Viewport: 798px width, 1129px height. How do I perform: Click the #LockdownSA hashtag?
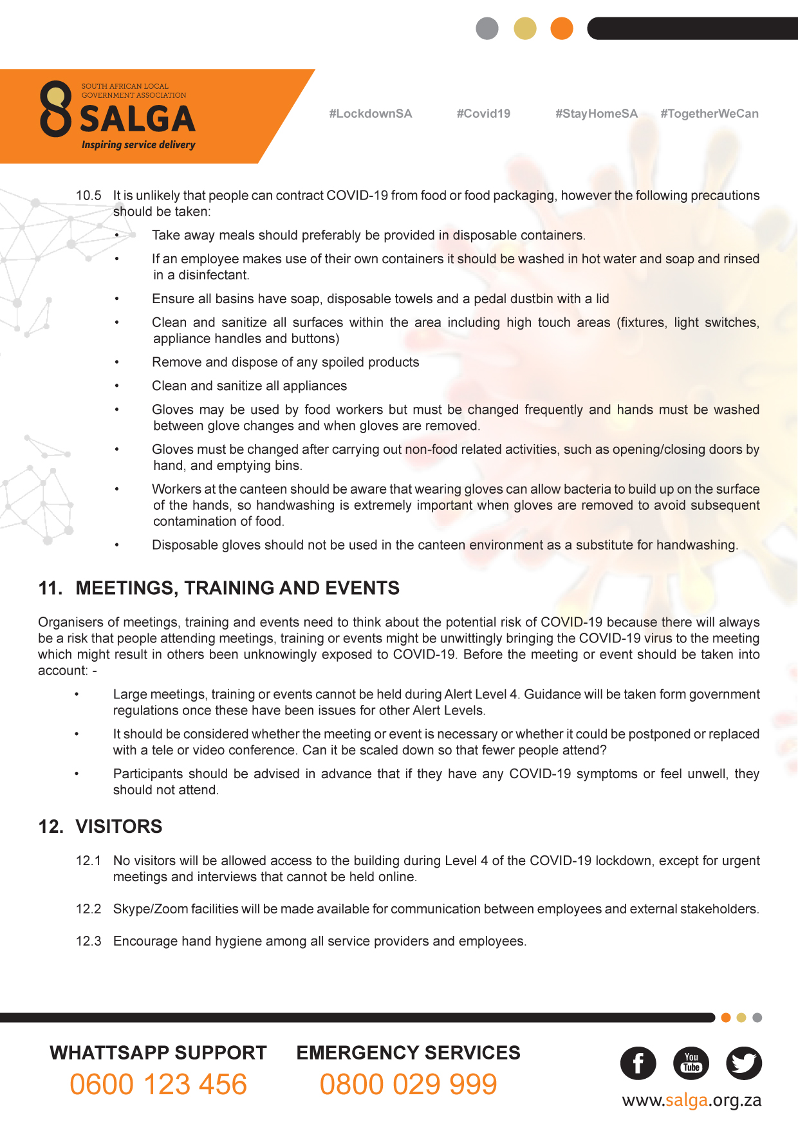[370, 114]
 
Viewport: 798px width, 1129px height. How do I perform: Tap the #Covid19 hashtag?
[483, 114]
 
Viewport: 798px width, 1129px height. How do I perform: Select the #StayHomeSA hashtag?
[596, 114]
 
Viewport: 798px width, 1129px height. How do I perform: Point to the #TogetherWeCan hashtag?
[709, 114]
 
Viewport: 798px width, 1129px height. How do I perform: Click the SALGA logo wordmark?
[137, 119]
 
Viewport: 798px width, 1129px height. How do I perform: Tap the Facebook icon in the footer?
[638, 1063]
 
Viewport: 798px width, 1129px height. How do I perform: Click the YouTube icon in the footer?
[691, 1063]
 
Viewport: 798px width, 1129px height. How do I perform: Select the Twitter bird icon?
[744, 1063]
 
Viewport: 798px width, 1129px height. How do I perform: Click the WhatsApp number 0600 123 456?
[158, 1085]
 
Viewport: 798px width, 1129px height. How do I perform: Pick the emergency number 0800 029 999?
[408, 1085]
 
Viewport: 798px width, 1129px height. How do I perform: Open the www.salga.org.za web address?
[691, 1101]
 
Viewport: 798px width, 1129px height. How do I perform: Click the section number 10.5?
[89, 196]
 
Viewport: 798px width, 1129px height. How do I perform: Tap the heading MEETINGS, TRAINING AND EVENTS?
[237, 588]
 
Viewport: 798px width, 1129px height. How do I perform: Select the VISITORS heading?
[119, 826]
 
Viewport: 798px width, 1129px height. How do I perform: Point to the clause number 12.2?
[89, 909]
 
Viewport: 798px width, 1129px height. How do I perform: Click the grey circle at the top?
[487, 28]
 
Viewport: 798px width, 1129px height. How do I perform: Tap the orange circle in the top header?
[562, 28]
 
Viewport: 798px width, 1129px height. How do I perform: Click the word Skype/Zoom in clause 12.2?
[144, 909]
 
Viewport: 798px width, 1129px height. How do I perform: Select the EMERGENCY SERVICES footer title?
[408, 1053]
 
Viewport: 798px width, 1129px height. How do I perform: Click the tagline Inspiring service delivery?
[138, 145]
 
